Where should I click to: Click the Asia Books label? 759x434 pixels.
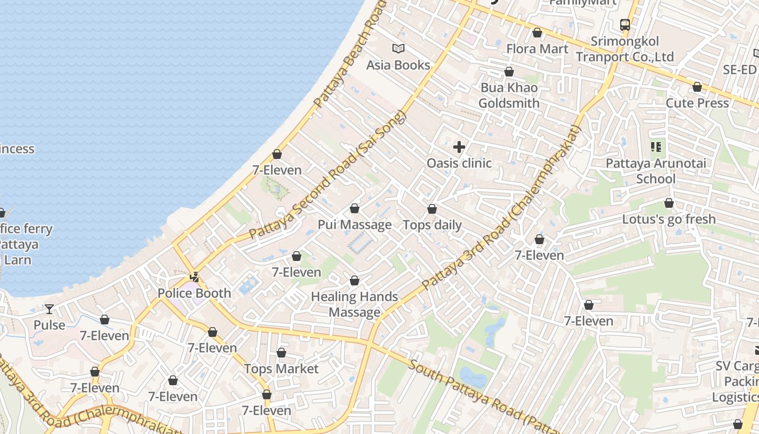click(x=398, y=65)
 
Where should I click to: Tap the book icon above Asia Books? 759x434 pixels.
click(x=398, y=49)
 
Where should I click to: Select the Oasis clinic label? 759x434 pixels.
click(x=459, y=163)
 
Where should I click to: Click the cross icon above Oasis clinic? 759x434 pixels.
click(x=459, y=147)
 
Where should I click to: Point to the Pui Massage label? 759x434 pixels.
click(x=355, y=225)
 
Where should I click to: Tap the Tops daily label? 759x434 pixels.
click(x=432, y=225)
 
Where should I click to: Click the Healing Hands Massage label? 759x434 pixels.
click(x=355, y=304)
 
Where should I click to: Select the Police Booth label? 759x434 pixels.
click(x=194, y=293)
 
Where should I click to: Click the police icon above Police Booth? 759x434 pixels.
click(x=194, y=277)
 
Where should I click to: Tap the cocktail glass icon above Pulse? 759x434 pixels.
click(x=49, y=309)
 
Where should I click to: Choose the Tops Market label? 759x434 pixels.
click(x=281, y=369)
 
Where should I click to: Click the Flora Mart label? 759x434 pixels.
click(x=537, y=49)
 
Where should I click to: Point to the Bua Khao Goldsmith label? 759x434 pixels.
click(x=509, y=95)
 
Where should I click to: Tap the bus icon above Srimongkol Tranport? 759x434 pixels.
click(x=625, y=24)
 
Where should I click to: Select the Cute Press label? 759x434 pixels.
click(x=697, y=103)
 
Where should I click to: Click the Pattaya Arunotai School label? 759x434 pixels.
click(x=655, y=171)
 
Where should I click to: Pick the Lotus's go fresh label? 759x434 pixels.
click(x=669, y=219)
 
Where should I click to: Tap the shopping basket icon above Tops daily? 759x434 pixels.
click(x=432, y=209)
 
